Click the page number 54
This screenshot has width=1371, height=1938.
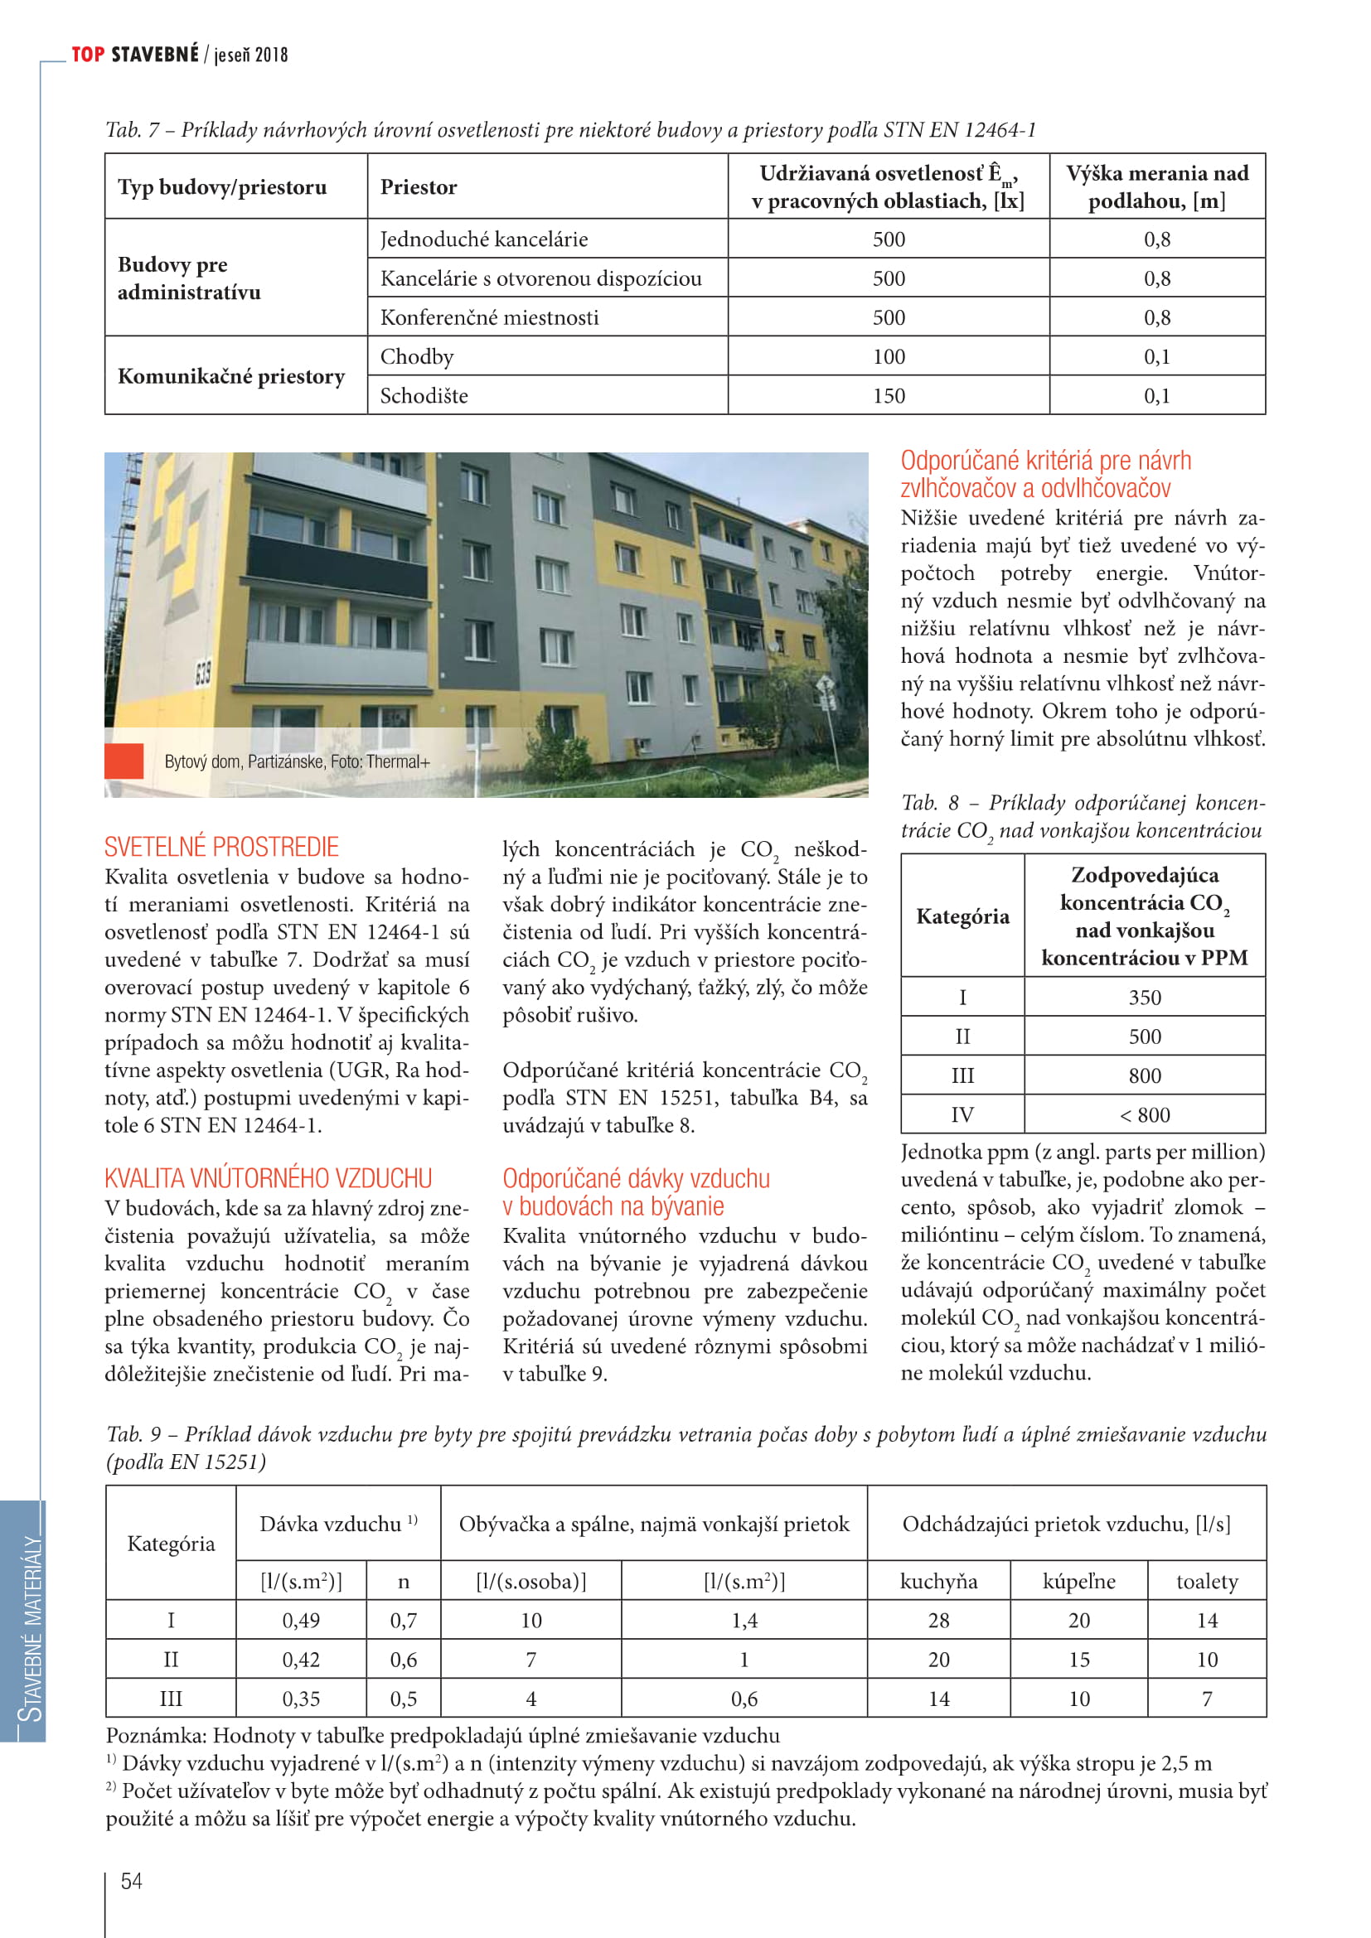pyautogui.click(x=132, y=1881)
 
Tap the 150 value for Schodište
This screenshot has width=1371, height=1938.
pyautogui.click(x=888, y=396)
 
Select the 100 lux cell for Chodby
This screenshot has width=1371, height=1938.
pyautogui.click(x=888, y=357)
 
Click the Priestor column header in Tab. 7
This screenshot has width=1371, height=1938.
pyautogui.click(x=419, y=187)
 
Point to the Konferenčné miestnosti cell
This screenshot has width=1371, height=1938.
pyautogui.click(x=490, y=318)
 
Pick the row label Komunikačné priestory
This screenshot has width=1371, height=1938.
pyautogui.click(x=231, y=376)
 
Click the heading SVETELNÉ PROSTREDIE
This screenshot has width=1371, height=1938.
pyautogui.click(x=221, y=847)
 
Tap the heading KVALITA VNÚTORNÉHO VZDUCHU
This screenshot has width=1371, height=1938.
pyautogui.click(x=269, y=1178)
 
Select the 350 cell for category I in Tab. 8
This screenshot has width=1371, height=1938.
pyautogui.click(x=1145, y=998)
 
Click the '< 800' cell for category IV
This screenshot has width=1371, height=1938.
pyautogui.click(x=1145, y=1115)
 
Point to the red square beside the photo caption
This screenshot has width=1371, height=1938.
pyautogui.click(x=124, y=761)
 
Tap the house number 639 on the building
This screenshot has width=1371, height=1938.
pyautogui.click(x=202, y=674)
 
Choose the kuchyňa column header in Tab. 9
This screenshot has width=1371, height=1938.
pyautogui.click(x=938, y=1581)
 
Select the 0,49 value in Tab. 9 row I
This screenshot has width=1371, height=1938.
pyautogui.click(x=301, y=1621)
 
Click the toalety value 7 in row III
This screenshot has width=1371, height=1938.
pyautogui.click(x=1206, y=1699)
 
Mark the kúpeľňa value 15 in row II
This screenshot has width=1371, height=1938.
pyautogui.click(x=1079, y=1660)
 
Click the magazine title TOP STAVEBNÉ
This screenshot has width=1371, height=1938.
pyautogui.click(x=135, y=55)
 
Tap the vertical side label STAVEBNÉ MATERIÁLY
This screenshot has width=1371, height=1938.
pyautogui.click(x=32, y=1628)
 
